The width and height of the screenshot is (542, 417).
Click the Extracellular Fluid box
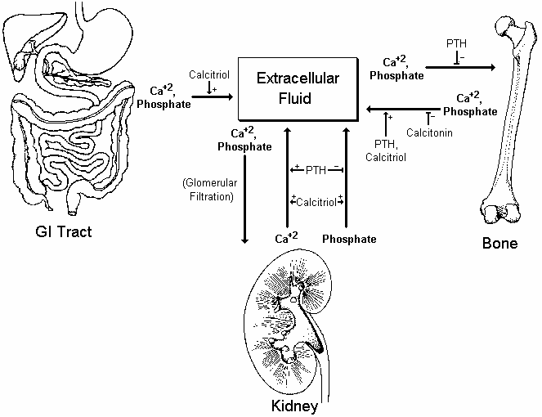(298, 89)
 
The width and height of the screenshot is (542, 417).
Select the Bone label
(499, 243)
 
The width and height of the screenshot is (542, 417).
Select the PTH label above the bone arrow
(457, 43)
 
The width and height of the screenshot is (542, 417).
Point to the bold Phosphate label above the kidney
(349, 239)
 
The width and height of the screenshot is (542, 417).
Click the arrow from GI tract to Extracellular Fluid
(213, 104)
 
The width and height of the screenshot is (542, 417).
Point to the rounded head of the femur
(504, 34)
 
